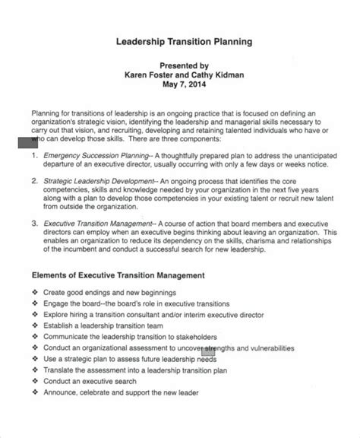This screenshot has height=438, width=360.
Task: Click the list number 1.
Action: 34,154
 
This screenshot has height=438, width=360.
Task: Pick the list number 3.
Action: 34,224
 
